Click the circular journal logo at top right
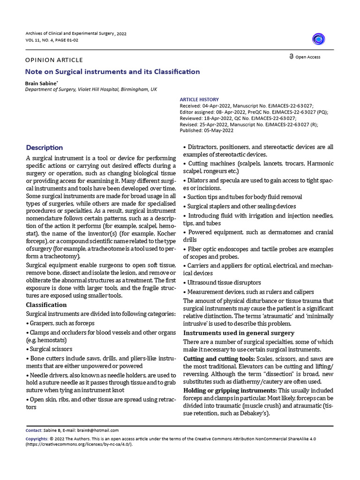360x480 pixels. [x=319, y=39]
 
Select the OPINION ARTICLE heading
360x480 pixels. [x=54, y=60]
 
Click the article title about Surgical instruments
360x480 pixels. [x=112, y=72]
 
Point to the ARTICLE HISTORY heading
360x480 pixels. [x=199, y=99]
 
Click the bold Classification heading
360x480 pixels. [x=46, y=305]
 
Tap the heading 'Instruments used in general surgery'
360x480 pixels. [x=239, y=333]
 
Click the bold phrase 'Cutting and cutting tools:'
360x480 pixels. [x=218, y=359]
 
